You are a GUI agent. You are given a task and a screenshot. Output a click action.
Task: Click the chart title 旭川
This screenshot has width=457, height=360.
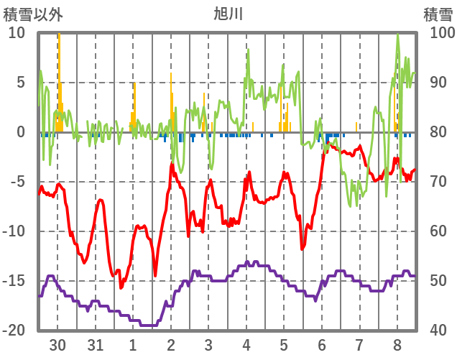(228, 13)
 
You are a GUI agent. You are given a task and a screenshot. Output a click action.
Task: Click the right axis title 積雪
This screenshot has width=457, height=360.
(437, 14)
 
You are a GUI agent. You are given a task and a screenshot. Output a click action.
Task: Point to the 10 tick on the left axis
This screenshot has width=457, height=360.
(17, 33)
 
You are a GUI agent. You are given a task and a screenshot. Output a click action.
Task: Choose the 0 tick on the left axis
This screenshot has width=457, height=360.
(21, 132)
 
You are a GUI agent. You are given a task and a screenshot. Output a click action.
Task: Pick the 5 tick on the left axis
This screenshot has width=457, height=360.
(21, 83)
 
